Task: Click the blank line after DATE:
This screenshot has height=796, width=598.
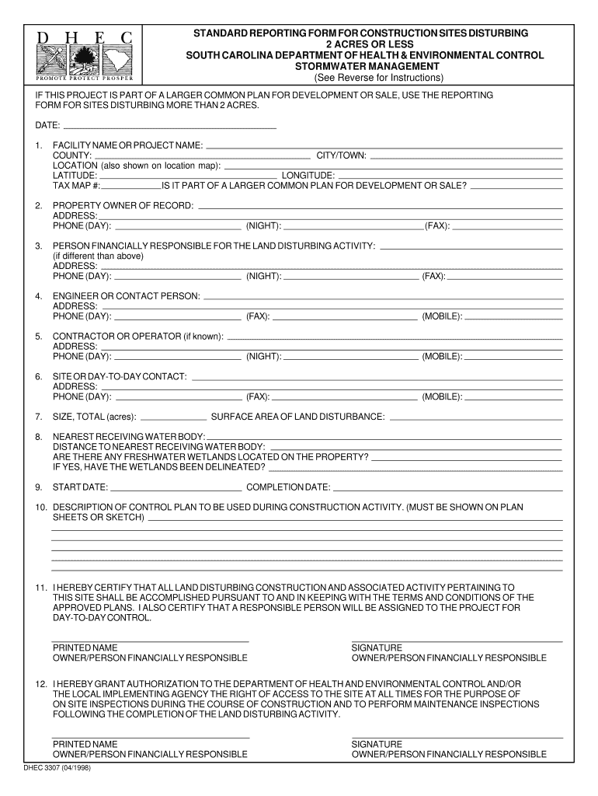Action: coord(169,127)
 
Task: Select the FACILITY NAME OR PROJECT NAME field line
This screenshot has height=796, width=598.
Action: coord(384,147)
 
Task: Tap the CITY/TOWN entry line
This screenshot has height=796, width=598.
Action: coord(466,157)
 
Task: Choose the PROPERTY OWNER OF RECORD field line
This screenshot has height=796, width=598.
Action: coord(381,208)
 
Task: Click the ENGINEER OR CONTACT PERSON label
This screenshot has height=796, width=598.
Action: coord(126,296)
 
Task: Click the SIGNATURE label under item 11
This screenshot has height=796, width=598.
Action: coord(377,648)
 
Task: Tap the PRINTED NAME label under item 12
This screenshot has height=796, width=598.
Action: coord(85,744)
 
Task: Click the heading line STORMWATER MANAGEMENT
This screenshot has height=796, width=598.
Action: coord(364,67)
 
